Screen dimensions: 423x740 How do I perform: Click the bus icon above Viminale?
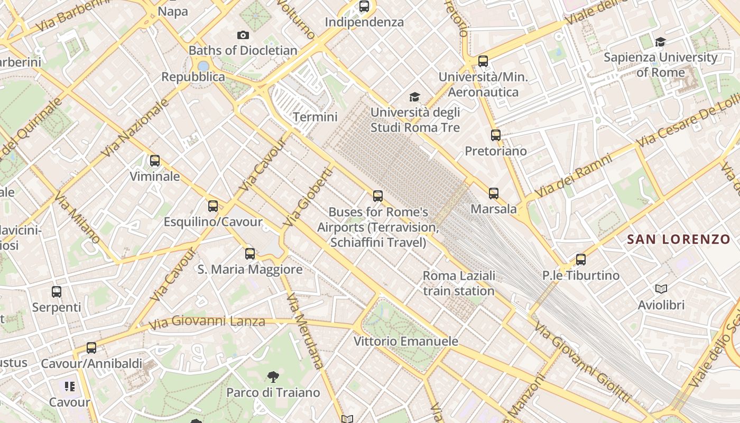155,161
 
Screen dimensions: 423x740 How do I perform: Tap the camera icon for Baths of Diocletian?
243,35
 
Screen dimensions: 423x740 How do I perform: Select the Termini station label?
315,117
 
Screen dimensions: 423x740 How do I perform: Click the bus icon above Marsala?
494,194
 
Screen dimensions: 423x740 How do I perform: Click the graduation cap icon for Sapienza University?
660,42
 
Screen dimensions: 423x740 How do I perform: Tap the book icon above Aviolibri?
661,289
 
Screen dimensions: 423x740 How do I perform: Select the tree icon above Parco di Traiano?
273,376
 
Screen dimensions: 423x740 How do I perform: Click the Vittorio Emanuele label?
405,341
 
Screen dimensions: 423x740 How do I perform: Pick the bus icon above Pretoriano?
495,135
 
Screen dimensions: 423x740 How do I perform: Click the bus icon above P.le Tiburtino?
581,260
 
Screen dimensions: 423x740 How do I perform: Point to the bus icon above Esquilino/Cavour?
213,206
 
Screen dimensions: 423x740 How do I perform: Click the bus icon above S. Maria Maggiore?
250,254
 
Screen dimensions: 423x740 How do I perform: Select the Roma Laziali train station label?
459,283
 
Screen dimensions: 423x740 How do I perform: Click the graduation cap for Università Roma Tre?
415,97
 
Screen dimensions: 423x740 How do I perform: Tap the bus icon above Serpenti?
57,292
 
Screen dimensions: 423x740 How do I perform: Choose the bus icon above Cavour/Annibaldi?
91,348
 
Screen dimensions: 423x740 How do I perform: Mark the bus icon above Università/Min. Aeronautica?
483,61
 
